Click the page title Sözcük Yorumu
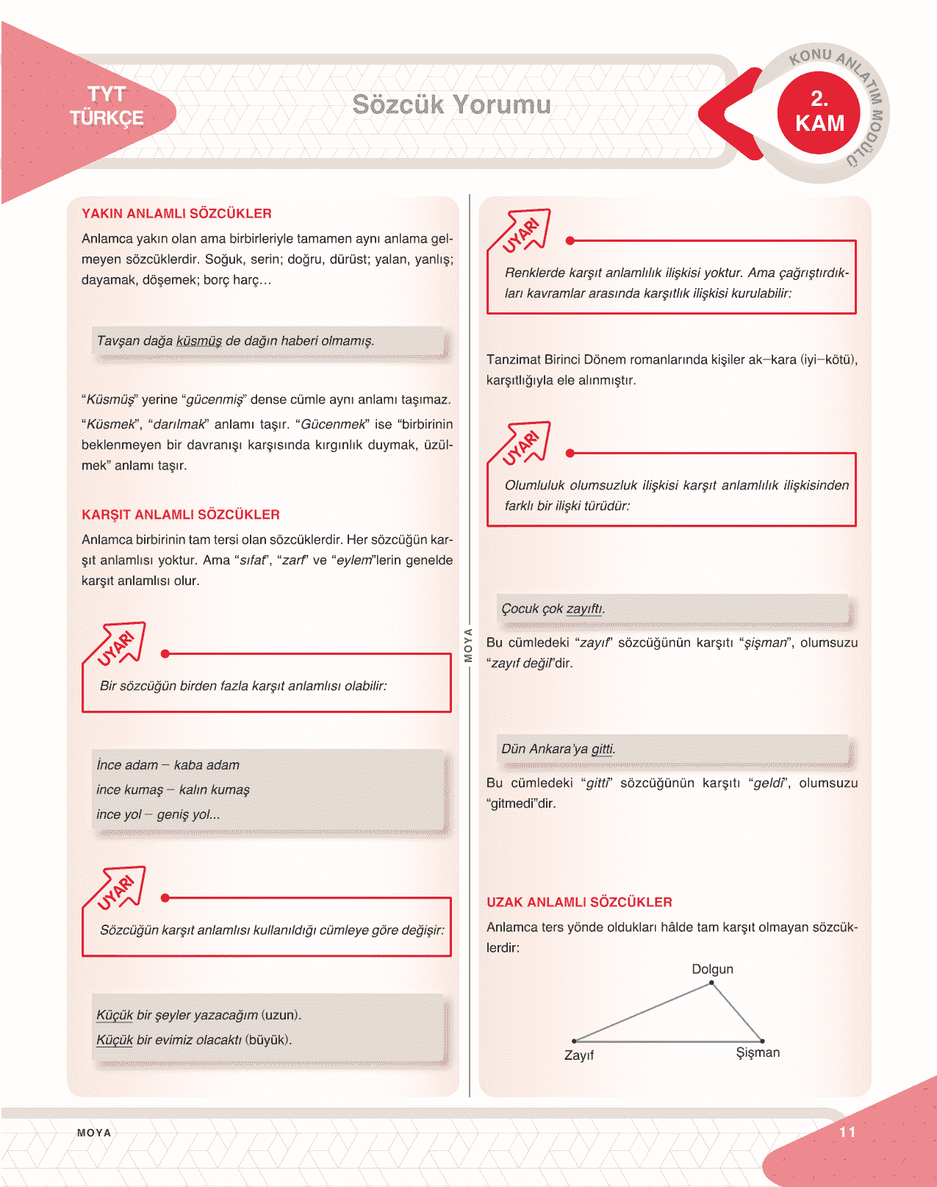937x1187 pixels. (451, 104)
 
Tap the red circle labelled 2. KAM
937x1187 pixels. (819, 112)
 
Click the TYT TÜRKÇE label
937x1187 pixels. (107, 106)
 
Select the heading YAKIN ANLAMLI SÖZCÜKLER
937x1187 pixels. (176, 214)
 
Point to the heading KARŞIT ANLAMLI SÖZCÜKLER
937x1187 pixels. (181, 514)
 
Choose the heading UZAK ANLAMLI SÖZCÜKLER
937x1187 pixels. (579, 902)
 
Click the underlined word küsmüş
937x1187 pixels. (199, 341)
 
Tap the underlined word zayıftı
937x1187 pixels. (584, 609)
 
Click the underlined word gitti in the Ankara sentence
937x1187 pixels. (602, 749)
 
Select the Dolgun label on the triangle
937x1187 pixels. (712, 969)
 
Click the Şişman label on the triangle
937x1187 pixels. (758, 1052)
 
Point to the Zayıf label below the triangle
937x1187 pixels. (579, 1055)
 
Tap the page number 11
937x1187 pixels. (847, 1132)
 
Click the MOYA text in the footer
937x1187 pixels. (94, 1133)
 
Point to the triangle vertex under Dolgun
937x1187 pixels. (711, 983)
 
